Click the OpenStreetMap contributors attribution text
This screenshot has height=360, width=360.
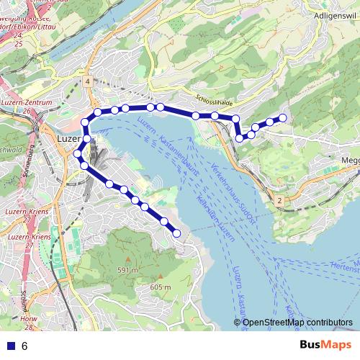(x=297, y=323)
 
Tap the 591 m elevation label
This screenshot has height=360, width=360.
(x=127, y=270)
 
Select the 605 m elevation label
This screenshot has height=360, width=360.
(x=160, y=287)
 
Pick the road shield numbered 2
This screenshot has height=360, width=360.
(x=279, y=199)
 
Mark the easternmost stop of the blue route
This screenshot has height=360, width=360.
(x=283, y=117)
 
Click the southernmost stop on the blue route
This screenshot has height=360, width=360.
(x=177, y=233)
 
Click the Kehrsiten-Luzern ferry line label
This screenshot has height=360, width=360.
(x=215, y=216)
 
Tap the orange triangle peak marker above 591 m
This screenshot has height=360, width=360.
(x=127, y=258)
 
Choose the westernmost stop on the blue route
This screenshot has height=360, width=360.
(x=77, y=153)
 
